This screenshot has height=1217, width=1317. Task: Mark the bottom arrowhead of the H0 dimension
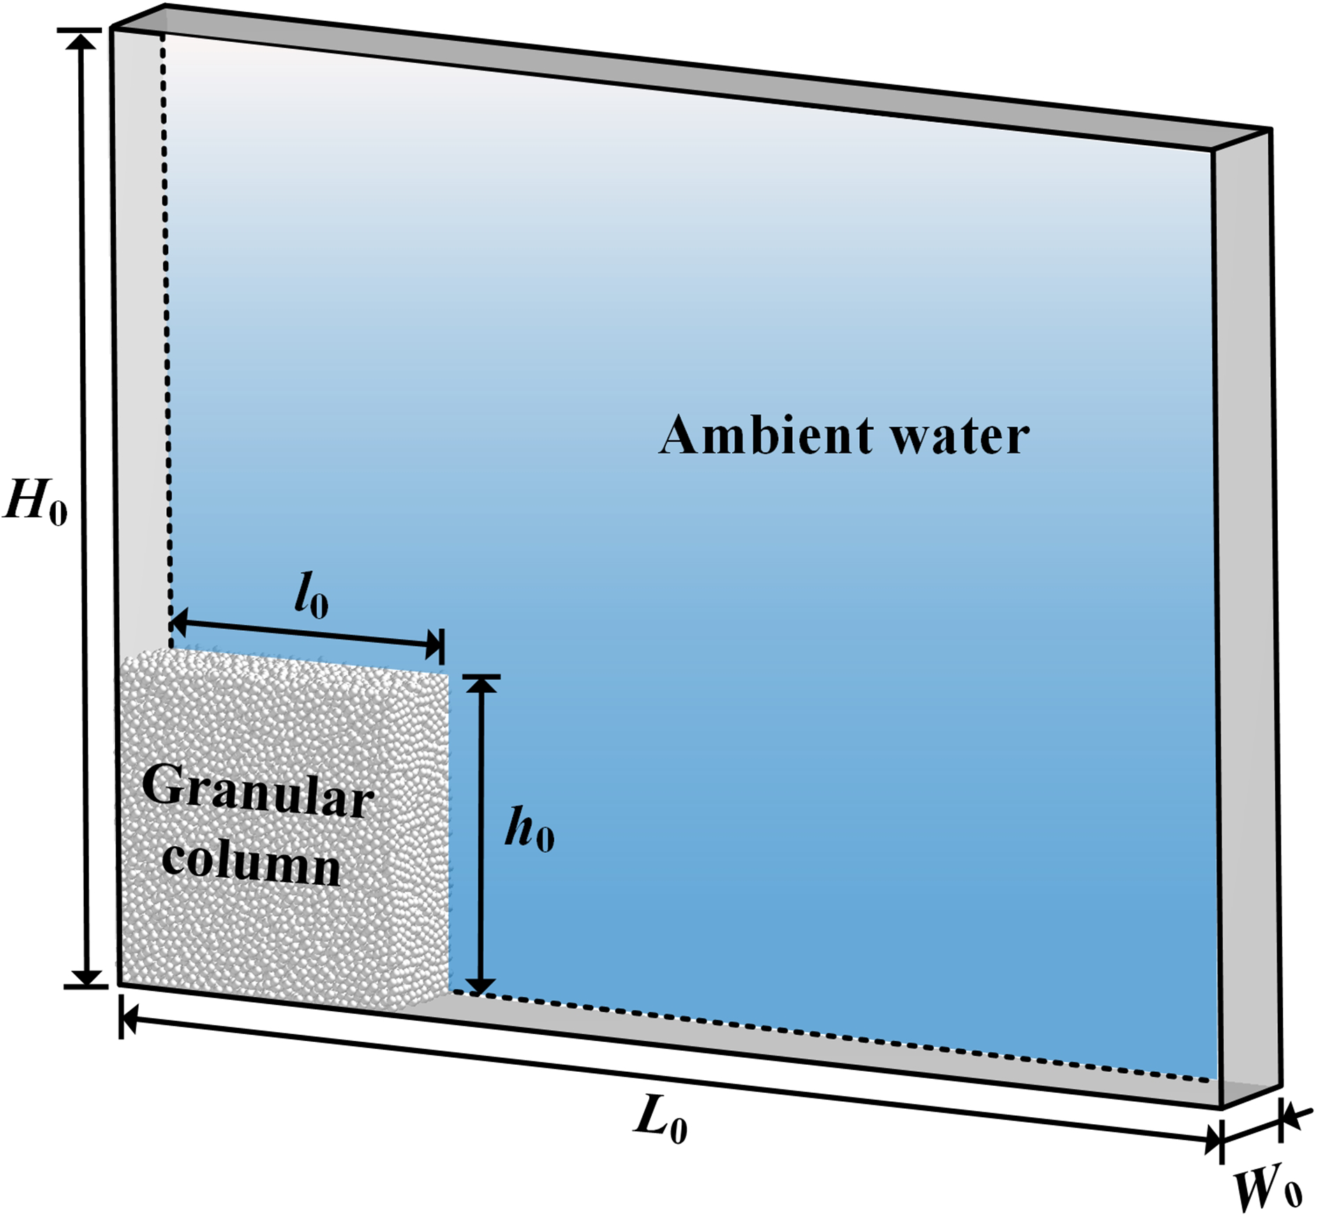pyautogui.click(x=86, y=975)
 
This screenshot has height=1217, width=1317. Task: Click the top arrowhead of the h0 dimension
pyautogui.click(x=481, y=687)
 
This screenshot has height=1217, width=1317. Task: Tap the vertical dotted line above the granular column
pyautogui.click(x=168, y=335)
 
